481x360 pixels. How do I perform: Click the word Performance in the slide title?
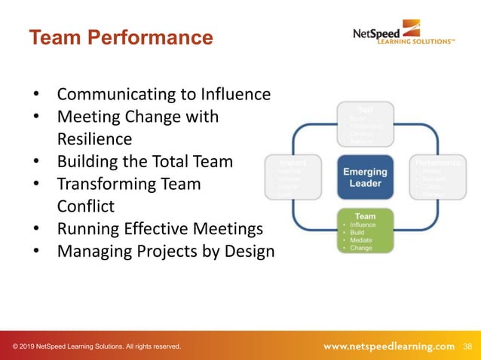coord(155,37)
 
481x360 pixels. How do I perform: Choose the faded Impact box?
coord(293,178)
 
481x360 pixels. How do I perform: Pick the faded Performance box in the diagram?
coord(437,178)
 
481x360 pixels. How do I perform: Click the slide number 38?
coord(467,346)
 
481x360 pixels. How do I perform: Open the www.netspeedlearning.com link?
coord(389,346)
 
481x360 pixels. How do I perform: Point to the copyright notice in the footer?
coord(97,346)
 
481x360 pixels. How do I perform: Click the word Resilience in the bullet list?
coord(94,139)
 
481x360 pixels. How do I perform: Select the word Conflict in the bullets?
coord(87,206)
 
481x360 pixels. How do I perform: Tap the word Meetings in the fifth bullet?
coord(228,228)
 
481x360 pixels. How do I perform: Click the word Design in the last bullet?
coord(250,251)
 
